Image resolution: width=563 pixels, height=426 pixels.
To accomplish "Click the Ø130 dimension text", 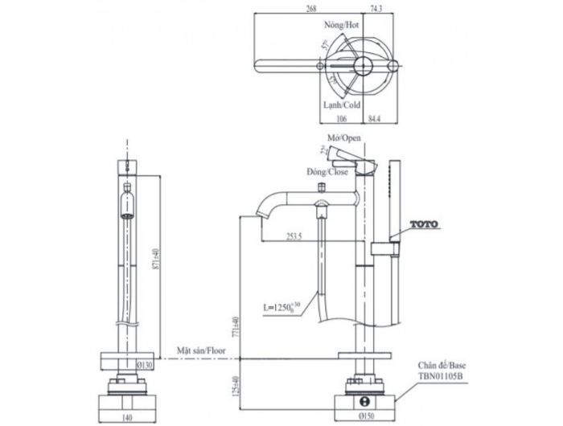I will click(x=147, y=365).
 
